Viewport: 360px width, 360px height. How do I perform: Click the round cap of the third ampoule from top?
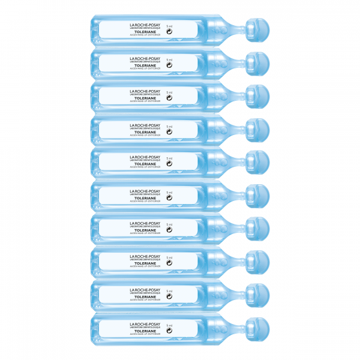(x=257, y=94)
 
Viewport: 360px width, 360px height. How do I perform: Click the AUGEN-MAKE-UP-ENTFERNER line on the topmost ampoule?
(x=142, y=36)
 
